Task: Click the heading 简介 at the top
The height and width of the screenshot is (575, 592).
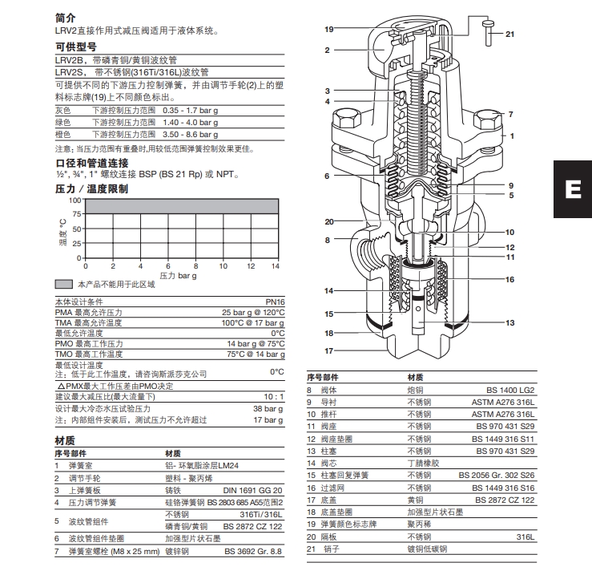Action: (66, 17)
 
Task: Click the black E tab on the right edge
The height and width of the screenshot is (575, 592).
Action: (573, 189)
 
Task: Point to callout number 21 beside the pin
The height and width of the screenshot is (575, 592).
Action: (509, 34)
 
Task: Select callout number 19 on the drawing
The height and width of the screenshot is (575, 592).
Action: (328, 29)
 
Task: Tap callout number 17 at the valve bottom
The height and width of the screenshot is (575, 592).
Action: (328, 350)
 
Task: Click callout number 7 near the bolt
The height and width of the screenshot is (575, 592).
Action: (509, 115)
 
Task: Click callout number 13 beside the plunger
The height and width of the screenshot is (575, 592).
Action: (509, 322)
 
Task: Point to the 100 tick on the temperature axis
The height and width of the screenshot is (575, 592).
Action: (75, 200)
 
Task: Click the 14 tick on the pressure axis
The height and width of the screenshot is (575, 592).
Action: (276, 265)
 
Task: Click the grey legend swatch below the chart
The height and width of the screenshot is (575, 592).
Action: (64, 285)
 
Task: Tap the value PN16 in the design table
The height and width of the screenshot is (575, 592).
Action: (273, 302)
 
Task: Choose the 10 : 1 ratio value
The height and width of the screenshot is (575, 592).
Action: (273, 396)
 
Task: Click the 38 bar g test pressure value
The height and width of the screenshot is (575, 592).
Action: (269, 408)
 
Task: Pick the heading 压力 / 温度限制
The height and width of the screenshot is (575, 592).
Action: (91, 188)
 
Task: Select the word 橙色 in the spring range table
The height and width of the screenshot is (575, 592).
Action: (62, 135)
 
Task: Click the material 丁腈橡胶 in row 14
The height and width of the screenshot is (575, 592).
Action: (424, 463)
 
